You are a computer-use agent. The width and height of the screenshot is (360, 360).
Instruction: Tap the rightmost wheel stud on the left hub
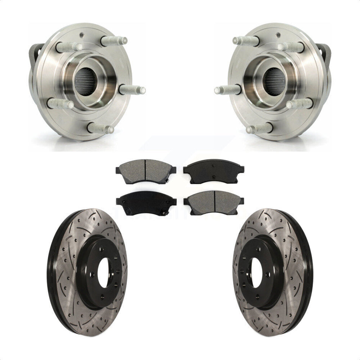click(133, 90)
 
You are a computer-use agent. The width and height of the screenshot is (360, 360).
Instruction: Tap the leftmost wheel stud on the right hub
click(227, 90)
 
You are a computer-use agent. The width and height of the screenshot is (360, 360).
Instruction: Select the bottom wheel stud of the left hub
click(100, 128)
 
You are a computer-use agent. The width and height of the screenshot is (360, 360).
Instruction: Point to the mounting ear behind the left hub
click(35, 53)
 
